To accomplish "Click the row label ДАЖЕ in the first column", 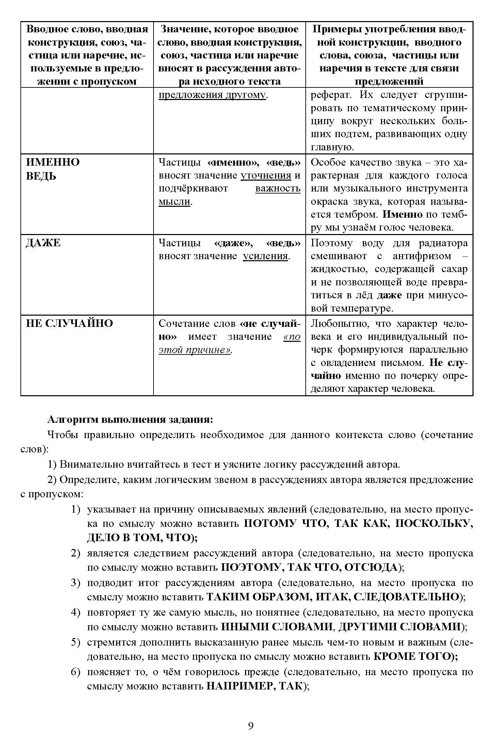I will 43,243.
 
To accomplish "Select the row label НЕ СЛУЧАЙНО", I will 69,323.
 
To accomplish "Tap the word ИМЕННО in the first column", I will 53,162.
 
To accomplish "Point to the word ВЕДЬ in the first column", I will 41,177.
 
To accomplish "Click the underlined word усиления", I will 266,256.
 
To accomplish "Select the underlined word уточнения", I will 266,176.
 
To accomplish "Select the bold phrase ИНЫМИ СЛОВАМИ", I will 276,627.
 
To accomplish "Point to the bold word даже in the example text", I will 389,295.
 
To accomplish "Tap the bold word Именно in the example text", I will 402,215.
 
